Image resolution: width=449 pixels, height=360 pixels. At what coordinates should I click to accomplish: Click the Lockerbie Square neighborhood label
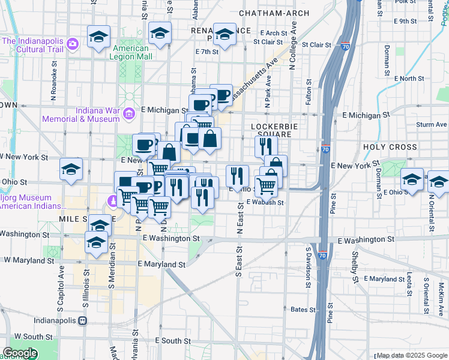click(271, 130)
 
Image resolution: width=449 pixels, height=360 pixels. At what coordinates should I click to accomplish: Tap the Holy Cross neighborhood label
click(390, 147)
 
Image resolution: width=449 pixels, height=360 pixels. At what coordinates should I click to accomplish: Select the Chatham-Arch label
click(274, 13)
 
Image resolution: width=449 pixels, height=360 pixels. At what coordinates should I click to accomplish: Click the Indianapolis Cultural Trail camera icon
click(73, 43)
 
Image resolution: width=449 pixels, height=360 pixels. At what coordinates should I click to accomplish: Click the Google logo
click(20, 353)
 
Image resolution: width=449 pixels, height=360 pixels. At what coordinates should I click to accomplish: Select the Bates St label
click(303, 310)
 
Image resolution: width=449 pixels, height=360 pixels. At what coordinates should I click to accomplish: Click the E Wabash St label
click(265, 202)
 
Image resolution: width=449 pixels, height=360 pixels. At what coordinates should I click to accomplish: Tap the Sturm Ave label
click(432, 125)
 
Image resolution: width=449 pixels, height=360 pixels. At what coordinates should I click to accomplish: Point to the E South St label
click(172, 340)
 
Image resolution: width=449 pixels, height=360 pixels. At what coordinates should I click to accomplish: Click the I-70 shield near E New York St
click(325, 149)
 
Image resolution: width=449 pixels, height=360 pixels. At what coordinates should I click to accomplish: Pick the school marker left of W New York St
click(71, 170)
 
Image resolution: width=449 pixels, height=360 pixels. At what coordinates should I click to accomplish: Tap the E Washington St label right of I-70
click(366, 239)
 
